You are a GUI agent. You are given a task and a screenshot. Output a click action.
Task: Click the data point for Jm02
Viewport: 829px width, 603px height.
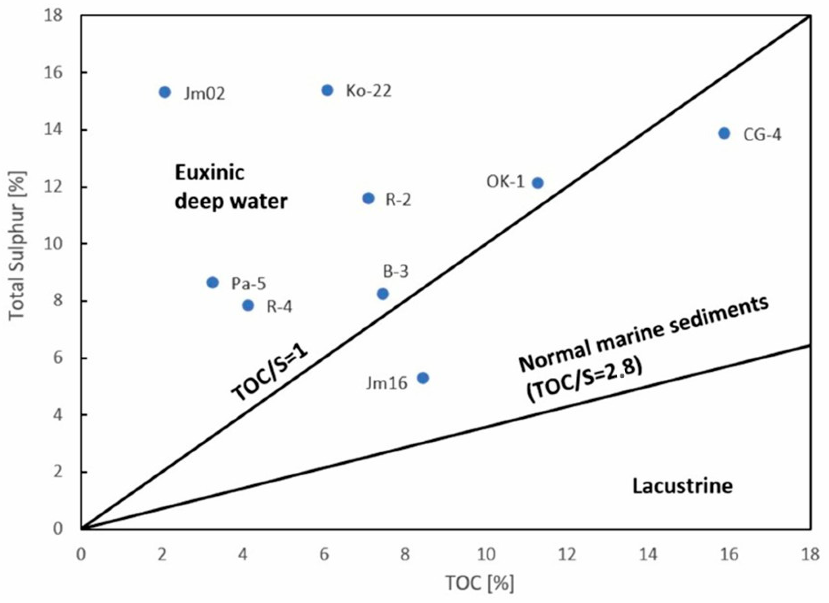(x=165, y=92)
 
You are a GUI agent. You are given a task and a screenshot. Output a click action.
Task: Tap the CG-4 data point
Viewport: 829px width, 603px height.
(x=724, y=133)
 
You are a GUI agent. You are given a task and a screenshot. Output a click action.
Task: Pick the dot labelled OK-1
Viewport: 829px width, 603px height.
(x=537, y=183)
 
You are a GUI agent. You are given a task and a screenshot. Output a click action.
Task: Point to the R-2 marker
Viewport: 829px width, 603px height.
(x=368, y=198)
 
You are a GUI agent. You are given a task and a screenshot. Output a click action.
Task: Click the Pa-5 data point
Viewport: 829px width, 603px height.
(x=213, y=282)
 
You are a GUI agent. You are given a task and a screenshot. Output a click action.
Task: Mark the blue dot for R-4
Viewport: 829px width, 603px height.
(x=248, y=305)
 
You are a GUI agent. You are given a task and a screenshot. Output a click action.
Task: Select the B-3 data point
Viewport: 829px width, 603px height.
(x=383, y=294)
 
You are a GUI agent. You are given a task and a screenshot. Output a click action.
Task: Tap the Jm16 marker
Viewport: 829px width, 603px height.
(x=423, y=378)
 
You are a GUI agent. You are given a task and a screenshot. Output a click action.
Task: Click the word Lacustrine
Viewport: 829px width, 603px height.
(x=683, y=486)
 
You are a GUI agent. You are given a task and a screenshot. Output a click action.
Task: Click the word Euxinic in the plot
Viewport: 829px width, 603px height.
(x=209, y=172)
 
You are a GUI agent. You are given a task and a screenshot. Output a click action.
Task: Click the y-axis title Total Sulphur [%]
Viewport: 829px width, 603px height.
(x=18, y=247)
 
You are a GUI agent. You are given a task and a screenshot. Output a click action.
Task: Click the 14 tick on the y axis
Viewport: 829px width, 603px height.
(x=53, y=130)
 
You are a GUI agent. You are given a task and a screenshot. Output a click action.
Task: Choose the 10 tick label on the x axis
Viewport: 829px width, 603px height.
(x=486, y=555)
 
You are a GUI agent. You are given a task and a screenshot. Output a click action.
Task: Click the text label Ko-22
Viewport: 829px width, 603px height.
(x=368, y=91)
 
